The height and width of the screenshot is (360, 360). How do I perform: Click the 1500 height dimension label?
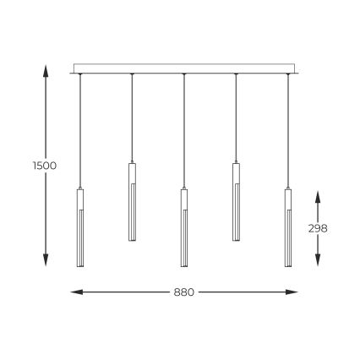coord(45,166)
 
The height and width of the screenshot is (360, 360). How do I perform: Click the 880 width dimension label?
coord(184,292)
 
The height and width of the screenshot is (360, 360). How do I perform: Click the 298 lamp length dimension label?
coord(319,228)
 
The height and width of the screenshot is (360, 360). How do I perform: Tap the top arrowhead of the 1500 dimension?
coord(45,68)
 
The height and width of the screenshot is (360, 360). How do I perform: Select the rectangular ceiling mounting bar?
coord(184,68)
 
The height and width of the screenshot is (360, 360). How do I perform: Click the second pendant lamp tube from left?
coord(132,201)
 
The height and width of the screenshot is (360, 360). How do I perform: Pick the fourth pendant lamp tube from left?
coord(236,201)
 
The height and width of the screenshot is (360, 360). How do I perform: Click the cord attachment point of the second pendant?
coord(132,75)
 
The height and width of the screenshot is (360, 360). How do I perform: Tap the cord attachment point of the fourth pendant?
coord(236,75)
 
